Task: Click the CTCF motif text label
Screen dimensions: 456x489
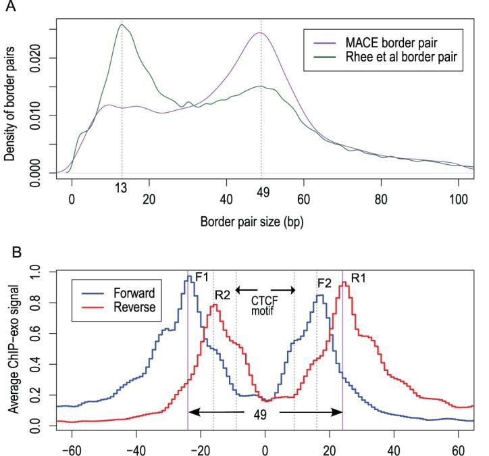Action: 265,306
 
